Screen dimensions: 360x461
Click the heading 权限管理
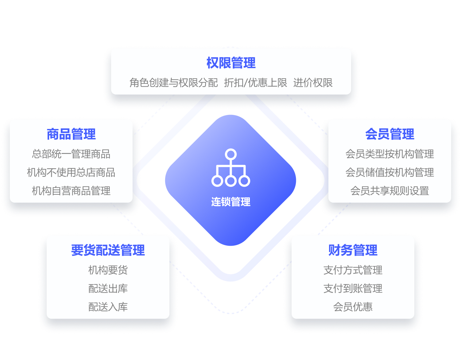click(231, 63)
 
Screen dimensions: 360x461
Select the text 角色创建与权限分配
click(173, 83)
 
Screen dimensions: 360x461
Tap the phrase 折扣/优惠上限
click(255, 83)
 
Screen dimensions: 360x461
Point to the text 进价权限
click(313, 83)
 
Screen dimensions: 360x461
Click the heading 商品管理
click(71, 134)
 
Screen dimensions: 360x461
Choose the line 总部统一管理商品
click(71, 154)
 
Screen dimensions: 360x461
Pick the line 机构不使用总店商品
click(71, 172)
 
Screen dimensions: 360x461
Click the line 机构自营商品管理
click(71, 191)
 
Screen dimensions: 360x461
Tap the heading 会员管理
click(389, 134)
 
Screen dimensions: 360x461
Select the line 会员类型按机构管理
click(389, 154)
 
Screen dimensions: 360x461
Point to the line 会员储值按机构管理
click(389, 172)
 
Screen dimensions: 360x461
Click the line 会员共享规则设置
click(389, 191)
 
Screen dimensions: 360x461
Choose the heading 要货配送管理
click(108, 250)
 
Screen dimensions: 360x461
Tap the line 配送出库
click(108, 288)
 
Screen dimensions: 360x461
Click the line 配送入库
click(108, 307)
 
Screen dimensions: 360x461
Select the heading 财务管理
click(353, 250)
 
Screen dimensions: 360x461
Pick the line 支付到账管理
click(353, 288)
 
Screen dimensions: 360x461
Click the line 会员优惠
click(353, 307)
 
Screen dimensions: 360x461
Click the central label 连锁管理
click(230, 202)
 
